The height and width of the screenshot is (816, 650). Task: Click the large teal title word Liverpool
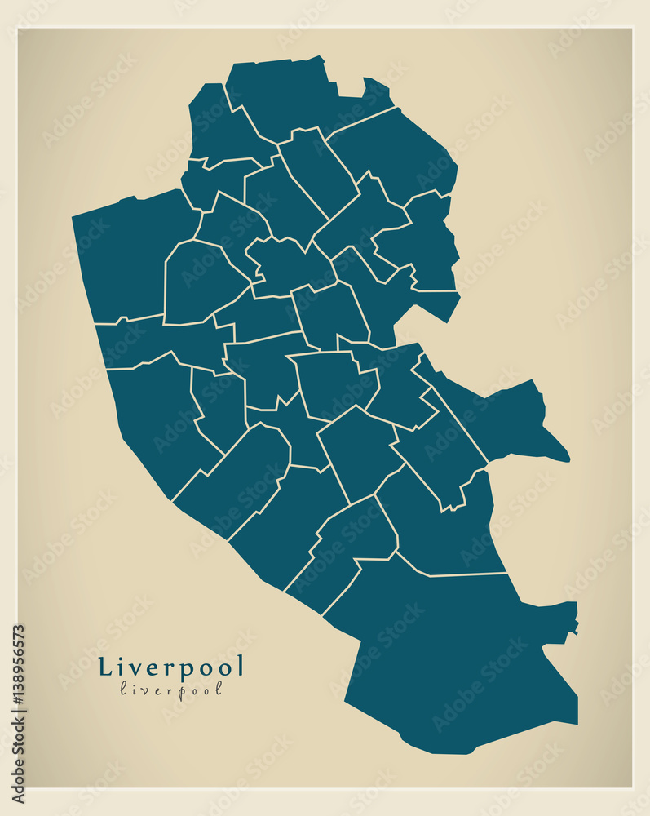(171, 667)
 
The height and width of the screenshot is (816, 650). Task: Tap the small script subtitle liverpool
(171, 689)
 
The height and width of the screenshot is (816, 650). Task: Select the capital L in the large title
(105, 667)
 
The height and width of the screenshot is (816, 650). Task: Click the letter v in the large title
(135, 668)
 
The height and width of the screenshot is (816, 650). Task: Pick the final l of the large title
(240, 666)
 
